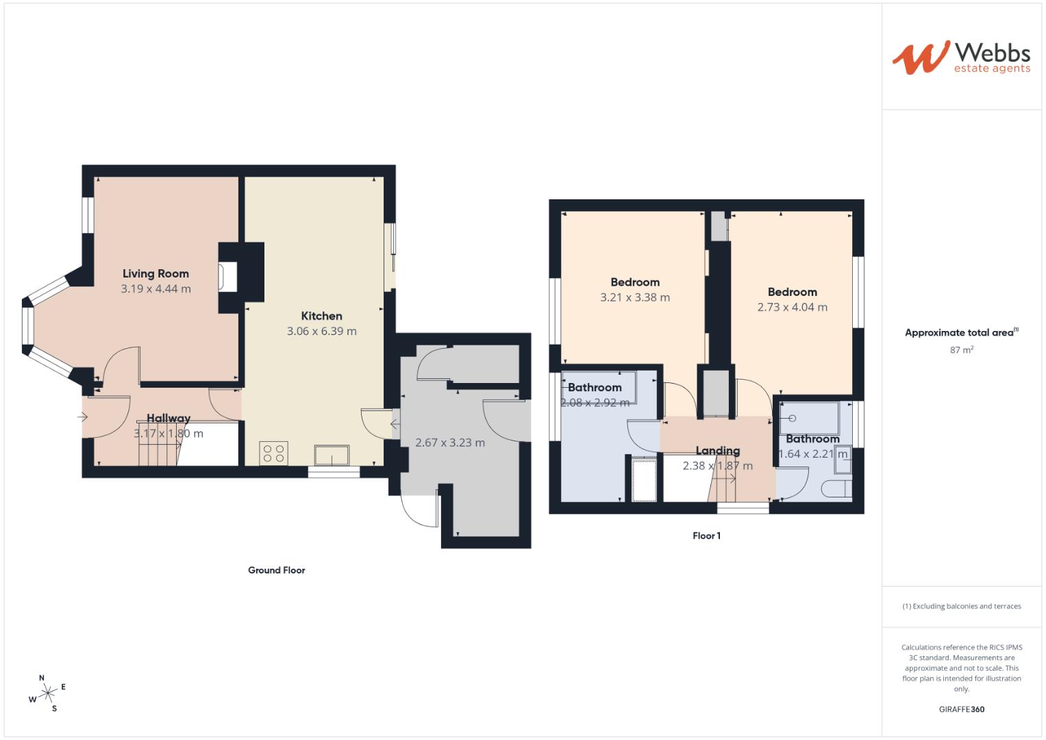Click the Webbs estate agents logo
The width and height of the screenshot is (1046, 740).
[x=960, y=58]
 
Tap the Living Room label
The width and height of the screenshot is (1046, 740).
[x=155, y=273]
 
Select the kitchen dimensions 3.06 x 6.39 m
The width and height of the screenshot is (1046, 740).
[x=321, y=331]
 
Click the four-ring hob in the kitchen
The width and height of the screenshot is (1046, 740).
[x=274, y=454]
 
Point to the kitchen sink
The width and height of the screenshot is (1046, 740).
[x=332, y=455]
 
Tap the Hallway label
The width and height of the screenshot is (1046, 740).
[x=169, y=418]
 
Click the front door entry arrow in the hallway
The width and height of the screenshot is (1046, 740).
[x=84, y=417]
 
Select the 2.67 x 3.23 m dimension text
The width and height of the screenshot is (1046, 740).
[x=450, y=443]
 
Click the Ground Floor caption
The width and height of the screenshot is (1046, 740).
[x=276, y=570]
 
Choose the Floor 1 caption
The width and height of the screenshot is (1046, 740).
[x=706, y=536]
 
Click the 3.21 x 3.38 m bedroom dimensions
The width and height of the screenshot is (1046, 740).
[x=635, y=297]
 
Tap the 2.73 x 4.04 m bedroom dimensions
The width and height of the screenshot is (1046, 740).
[x=792, y=307]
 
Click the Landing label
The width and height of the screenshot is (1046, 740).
[x=717, y=450]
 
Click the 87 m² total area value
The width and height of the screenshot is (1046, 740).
[x=962, y=349]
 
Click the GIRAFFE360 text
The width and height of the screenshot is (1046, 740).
[x=961, y=709]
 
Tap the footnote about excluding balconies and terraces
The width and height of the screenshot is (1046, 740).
[x=961, y=606]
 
